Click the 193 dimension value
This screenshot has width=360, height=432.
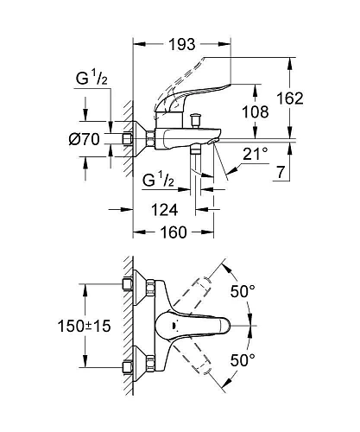[182, 44]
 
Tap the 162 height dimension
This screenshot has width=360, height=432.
[290, 98]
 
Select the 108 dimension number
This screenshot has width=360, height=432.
[256, 111]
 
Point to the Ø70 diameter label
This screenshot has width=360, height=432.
[85, 139]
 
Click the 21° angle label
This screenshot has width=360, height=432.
[256, 154]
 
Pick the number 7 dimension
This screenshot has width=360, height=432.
[280, 172]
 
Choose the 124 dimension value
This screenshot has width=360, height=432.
[164, 209]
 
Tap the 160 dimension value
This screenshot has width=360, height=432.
[174, 232]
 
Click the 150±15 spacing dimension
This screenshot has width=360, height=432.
[85, 327]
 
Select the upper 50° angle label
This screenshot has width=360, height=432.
[243, 291]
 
